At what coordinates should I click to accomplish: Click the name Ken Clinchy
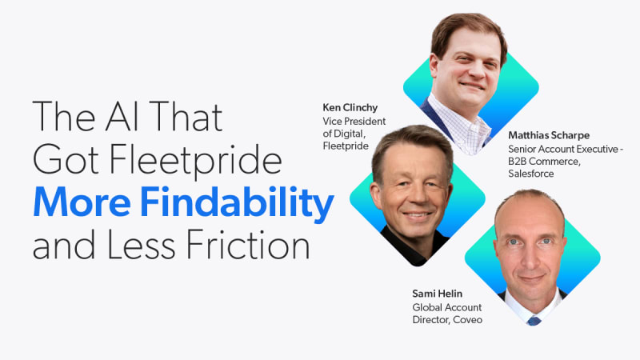[x=350, y=108]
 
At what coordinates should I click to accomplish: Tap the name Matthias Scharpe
[x=549, y=135]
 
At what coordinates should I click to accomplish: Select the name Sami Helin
[x=437, y=294]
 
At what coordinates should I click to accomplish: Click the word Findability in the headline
[x=237, y=202]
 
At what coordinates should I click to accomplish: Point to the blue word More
[x=82, y=202]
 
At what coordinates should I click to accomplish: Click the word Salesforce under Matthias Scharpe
[x=531, y=174]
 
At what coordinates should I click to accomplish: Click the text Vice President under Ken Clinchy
[x=354, y=122]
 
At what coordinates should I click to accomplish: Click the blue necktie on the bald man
[x=534, y=320]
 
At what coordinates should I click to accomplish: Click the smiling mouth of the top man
[x=472, y=86]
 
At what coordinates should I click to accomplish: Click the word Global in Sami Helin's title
[x=426, y=307]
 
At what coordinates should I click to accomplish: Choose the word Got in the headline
[x=66, y=159]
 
